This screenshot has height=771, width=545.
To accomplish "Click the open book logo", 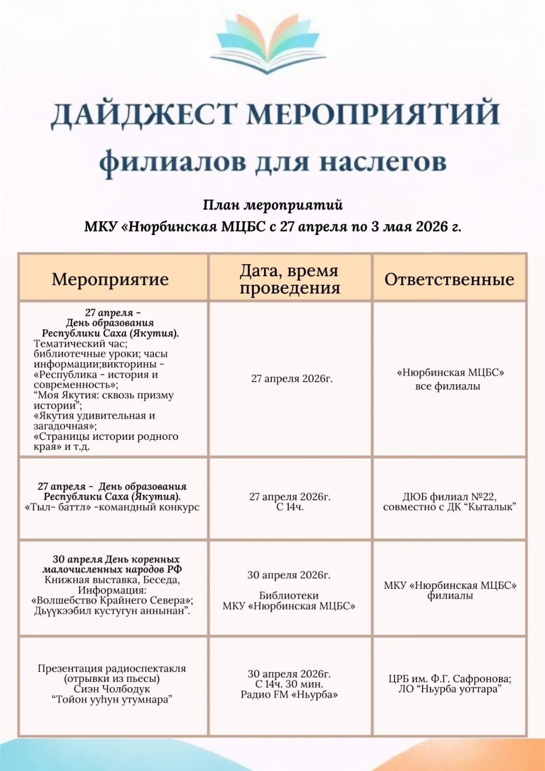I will tap(267, 44).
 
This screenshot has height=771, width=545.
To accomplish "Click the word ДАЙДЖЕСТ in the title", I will tap(144, 114).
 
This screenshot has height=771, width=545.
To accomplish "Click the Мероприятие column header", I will tap(110, 279).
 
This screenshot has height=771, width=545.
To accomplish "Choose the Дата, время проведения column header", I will tap(290, 279).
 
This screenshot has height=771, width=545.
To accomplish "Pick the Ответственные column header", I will tap(449, 279).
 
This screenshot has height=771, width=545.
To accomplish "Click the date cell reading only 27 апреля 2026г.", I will tap(292, 379).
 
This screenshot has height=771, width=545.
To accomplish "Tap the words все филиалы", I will tap(448, 386).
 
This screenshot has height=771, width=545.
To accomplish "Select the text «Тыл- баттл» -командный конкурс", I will tap(112, 507).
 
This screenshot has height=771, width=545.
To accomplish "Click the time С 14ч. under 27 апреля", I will tap(290, 507).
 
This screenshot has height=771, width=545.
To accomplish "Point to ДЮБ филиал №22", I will tap(449, 497).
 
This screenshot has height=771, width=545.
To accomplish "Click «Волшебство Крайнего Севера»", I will tap(112, 600).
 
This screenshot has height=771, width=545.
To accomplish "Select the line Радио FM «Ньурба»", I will tap(289, 694).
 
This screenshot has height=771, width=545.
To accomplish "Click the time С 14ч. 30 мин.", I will tap(289, 684).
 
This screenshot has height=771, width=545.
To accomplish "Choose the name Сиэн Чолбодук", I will tap(112, 689).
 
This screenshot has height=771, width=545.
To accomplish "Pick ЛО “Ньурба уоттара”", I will tap(450, 689).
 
